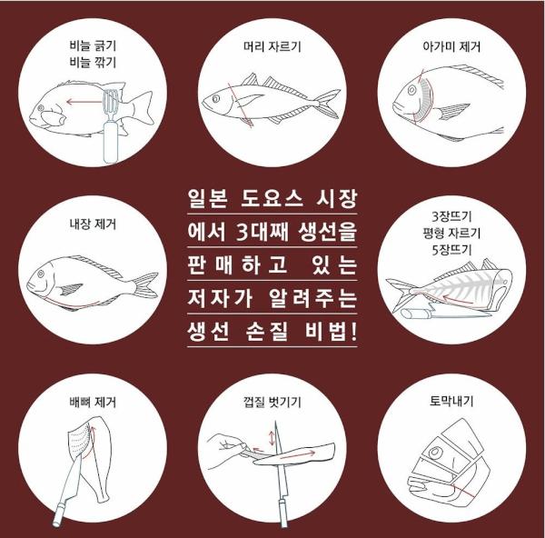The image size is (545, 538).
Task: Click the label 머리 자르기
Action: click(x=272, y=46)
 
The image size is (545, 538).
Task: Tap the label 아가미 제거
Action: click(x=451, y=46)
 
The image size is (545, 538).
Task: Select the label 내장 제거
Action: click(x=93, y=224)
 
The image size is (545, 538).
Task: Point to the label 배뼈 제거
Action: click(x=93, y=402)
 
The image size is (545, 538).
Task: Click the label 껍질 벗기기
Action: click(x=272, y=402)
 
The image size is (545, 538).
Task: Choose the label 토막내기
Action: click(x=451, y=402)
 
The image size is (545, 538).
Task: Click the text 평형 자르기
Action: click(x=451, y=233)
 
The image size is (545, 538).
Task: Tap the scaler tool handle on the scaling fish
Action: click(x=111, y=143)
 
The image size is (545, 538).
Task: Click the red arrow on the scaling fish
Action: click(x=84, y=102)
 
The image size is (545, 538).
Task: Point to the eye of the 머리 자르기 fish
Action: click(x=215, y=99)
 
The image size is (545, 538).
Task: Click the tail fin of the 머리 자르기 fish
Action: click(x=329, y=104)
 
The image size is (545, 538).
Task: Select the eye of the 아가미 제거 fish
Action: click(x=411, y=90)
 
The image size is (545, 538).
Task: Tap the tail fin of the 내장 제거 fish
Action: click(x=145, y=285)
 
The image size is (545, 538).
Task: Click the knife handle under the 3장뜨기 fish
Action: click(x=415, y=314)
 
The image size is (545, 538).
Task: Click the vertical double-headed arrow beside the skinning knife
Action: click(x=272, y=438)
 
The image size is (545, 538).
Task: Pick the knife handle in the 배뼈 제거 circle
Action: click(x=58, y=513)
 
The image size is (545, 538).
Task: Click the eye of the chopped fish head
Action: click(x=435, y=453)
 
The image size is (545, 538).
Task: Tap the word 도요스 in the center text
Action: click(x=272, y=199)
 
